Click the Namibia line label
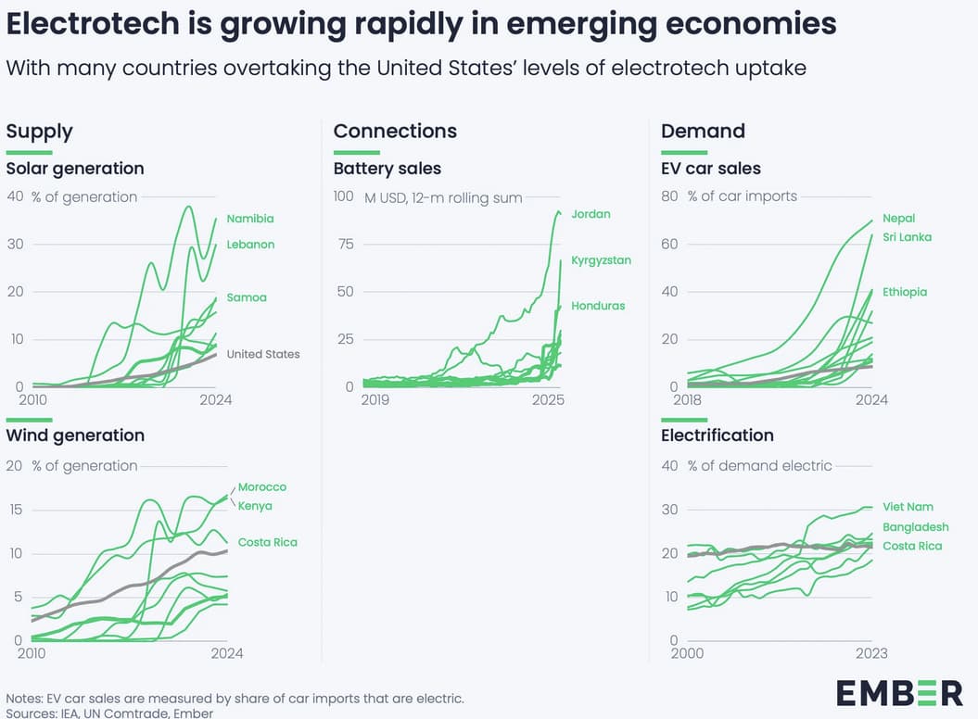coord(250,219)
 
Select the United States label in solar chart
coord(263,354)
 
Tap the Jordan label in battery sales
coord(591,214)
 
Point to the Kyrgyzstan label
coord(601,260)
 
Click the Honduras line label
coord(598,306)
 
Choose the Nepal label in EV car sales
coord(898,219)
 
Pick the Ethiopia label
coord(905,292)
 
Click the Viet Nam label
coord(908,507)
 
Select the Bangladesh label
coord(915,527)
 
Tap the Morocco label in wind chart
coord(262,487)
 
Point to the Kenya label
coord(255,506)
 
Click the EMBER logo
coord(899,692)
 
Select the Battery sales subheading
coord(387,169)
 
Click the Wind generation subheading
coord(75,435)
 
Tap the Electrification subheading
coord(717,435)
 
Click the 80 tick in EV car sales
coord(669,196)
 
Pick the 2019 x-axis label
coord(375,400)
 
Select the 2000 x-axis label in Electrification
coord(687,653)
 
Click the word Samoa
coord(247,297)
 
